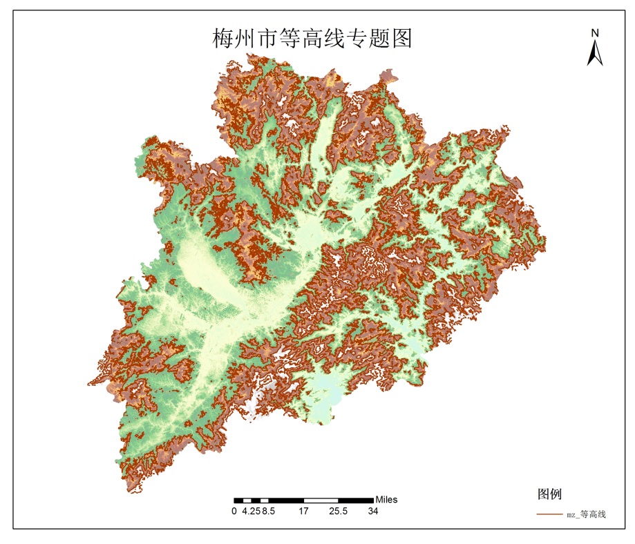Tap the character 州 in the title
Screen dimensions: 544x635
[245, 39]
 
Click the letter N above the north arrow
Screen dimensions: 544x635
[594, 32]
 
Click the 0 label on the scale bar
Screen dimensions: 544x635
[234, 512]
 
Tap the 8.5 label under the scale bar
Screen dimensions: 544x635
[269, 512]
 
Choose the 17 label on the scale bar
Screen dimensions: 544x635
[303, 512]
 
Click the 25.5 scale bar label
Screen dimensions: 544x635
[339, 512]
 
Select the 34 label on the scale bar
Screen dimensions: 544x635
[373, 512]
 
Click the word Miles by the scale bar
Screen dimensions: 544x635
[386, 500]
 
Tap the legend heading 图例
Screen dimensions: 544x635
[549, 494]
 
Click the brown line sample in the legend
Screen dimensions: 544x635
[549, 514]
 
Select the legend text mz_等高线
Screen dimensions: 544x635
[586, 514]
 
